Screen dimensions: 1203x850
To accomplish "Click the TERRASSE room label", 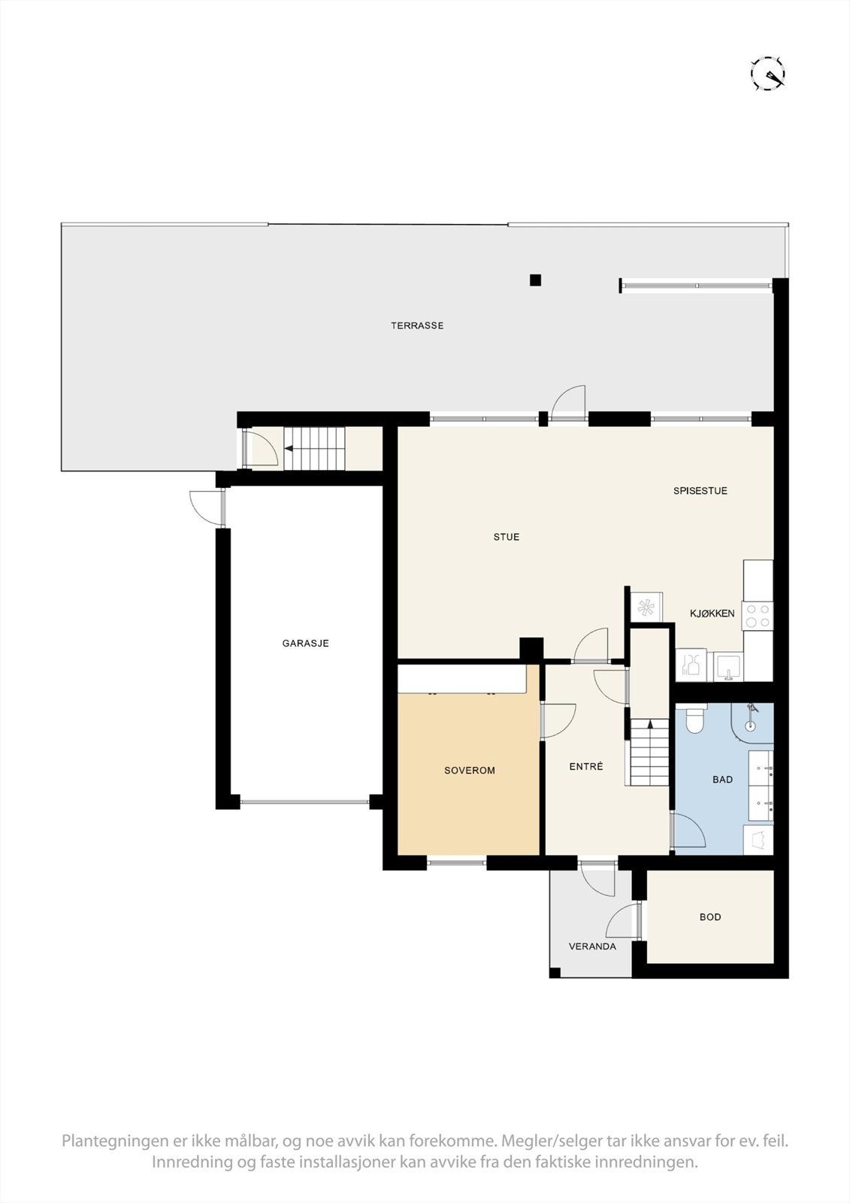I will (x=417, y=326).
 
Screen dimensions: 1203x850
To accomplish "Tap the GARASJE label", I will (x=305, y=644).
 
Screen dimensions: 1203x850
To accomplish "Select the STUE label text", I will (x=506, y=537).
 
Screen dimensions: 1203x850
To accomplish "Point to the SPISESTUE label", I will (x=700, y=491).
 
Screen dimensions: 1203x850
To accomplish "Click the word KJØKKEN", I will (x=712, y=614).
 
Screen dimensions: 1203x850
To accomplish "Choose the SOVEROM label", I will (x=469, y=771).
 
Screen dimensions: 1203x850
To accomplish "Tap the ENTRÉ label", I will (x=585, y=767).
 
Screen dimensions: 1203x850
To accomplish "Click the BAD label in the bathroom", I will (x=722, y=780).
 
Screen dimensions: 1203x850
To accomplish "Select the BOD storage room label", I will (x=709, y=917).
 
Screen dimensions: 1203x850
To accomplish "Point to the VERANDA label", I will (x=592, y=947).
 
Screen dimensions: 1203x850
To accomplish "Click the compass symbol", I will (x=768, y=74).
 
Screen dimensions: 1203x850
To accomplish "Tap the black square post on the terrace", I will (x=535, y=280).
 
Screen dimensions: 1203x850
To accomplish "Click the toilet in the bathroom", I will (x=695, y=720).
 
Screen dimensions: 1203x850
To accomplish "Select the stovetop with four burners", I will (x=757, y=617).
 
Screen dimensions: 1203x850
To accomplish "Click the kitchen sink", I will (x=727, y=666).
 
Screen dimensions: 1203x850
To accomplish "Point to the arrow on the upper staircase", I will (x=290, y=449).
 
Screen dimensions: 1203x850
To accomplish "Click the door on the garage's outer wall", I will (x=207, y=507).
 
